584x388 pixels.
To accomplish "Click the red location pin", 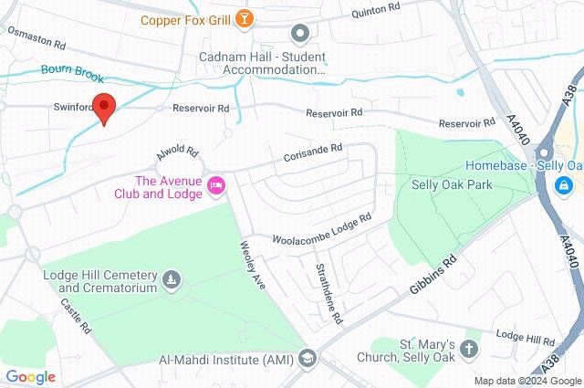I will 105,108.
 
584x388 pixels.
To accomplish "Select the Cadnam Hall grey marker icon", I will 299,35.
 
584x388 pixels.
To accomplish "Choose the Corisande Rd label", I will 312,152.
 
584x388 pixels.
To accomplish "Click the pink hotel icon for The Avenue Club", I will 217,185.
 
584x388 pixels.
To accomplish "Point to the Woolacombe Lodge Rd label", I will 323,228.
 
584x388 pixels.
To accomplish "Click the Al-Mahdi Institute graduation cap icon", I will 307,358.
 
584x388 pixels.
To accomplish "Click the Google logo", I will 30,376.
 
